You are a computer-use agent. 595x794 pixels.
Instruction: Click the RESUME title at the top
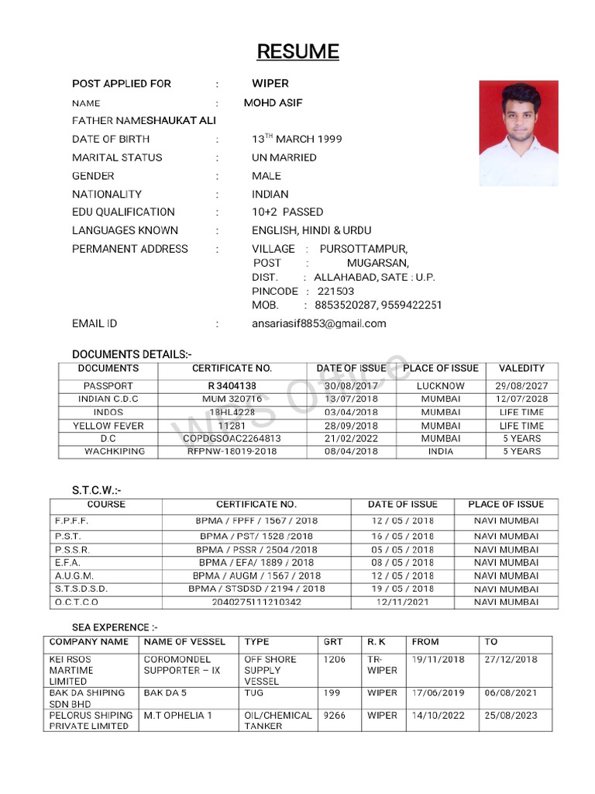pyautogui.click(x=297, y=52)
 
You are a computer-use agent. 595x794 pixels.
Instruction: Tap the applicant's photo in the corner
pyautogui.click(x=518, y=133)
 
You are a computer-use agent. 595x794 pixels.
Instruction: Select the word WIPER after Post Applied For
pyautogui.click(x=270, y=84)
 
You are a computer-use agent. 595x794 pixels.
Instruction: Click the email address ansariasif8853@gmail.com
pyautogui.click(x=318, y=323)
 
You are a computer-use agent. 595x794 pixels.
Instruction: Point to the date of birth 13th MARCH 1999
pyautogui.click(x=297, y=140)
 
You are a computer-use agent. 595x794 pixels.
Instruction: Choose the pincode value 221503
pyautogui.click(x=335, y=291)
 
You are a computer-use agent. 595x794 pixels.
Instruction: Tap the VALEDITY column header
pyautogui.click(x=521, y=368)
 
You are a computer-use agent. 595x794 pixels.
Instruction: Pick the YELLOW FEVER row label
pyautogui.click(x=108, y=426)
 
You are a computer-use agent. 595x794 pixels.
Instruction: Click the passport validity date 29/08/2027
pyautogui.click(x=521, y=385)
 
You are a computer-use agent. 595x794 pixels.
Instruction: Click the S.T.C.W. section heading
pyautogui.click(x=96, y=489)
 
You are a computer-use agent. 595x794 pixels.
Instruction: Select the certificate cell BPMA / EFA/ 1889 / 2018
pyautogui.click(x=256, y=562)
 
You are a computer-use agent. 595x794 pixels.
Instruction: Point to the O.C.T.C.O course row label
pyautogui.click(x=77, y=602)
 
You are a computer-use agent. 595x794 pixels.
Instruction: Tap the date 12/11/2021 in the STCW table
pyautogui.click(x=402, y=602)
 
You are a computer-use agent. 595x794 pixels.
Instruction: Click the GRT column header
pyautogui.click(x=332, y=642)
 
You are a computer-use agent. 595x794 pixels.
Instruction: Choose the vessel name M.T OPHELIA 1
pyautogui.click(x=177, y=715)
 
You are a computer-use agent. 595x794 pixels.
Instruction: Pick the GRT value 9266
pyautogui.click(x=335, y=715)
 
